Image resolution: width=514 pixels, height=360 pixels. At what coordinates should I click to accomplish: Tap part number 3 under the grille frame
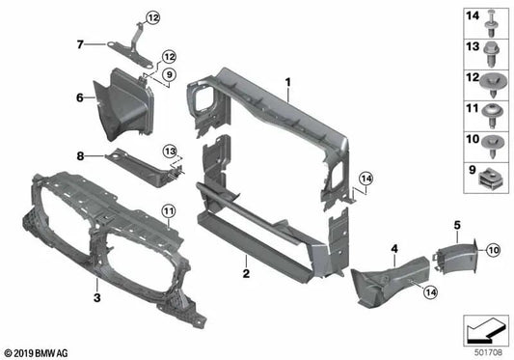(97, 287)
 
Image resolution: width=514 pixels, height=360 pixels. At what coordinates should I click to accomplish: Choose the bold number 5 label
(456, 226)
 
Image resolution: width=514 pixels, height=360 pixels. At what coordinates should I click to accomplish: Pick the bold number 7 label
(80, 43)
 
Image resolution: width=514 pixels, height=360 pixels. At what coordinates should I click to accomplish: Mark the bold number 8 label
(81, 154)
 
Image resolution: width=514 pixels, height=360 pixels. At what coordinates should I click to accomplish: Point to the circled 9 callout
(168, 73)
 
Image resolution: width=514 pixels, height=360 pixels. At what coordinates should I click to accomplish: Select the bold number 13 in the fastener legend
(472, 47)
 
